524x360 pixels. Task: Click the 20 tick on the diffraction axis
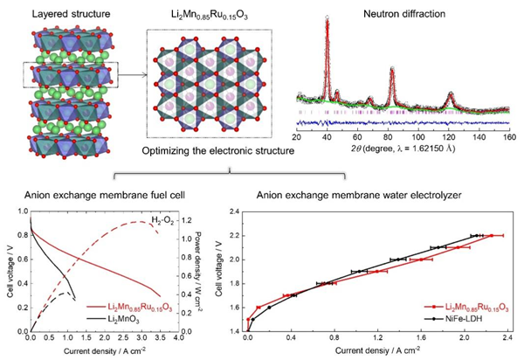[297, 138]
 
